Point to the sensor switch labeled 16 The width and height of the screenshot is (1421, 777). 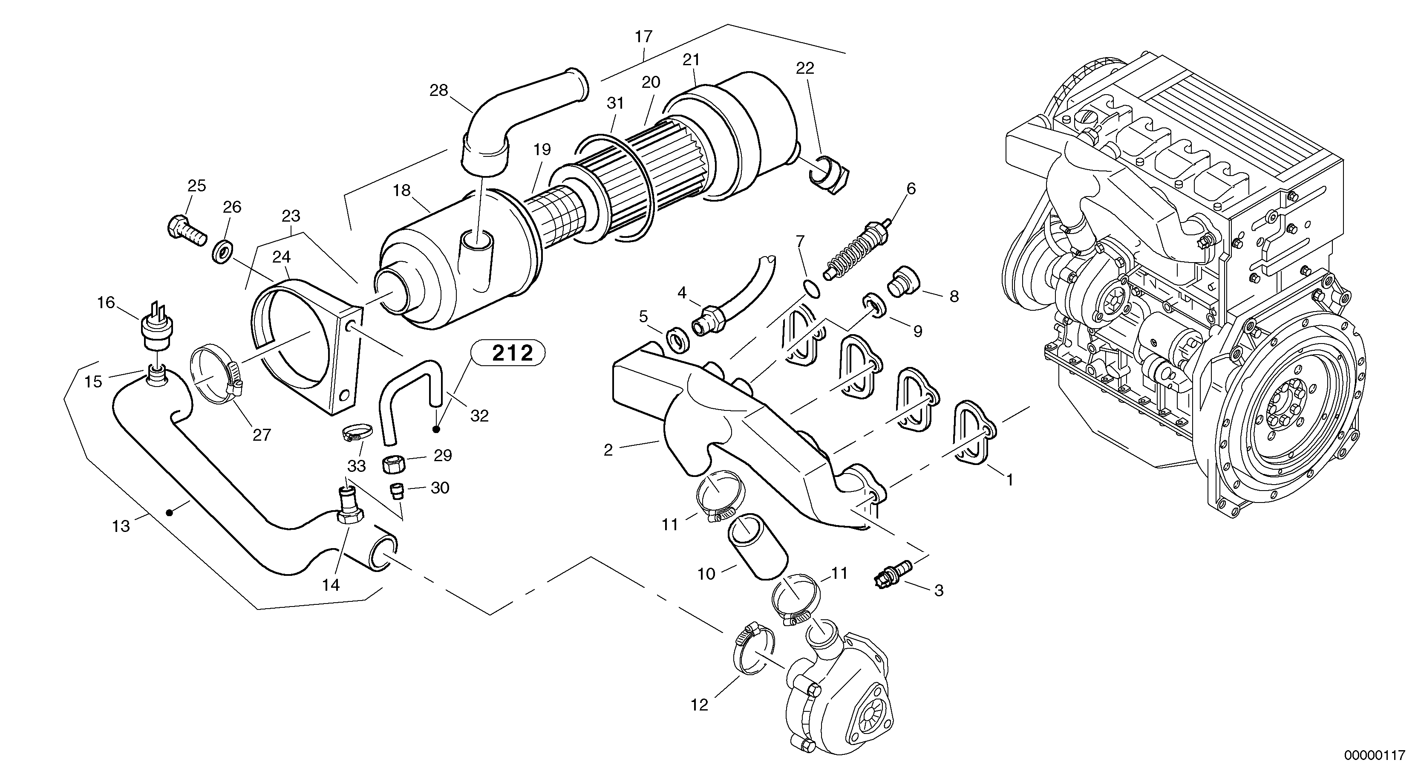156,329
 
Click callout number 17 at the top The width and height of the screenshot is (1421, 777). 643,37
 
